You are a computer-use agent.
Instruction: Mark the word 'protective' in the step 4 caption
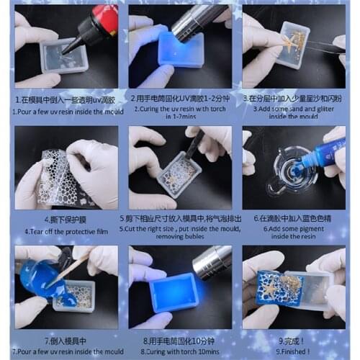pos(76,231)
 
